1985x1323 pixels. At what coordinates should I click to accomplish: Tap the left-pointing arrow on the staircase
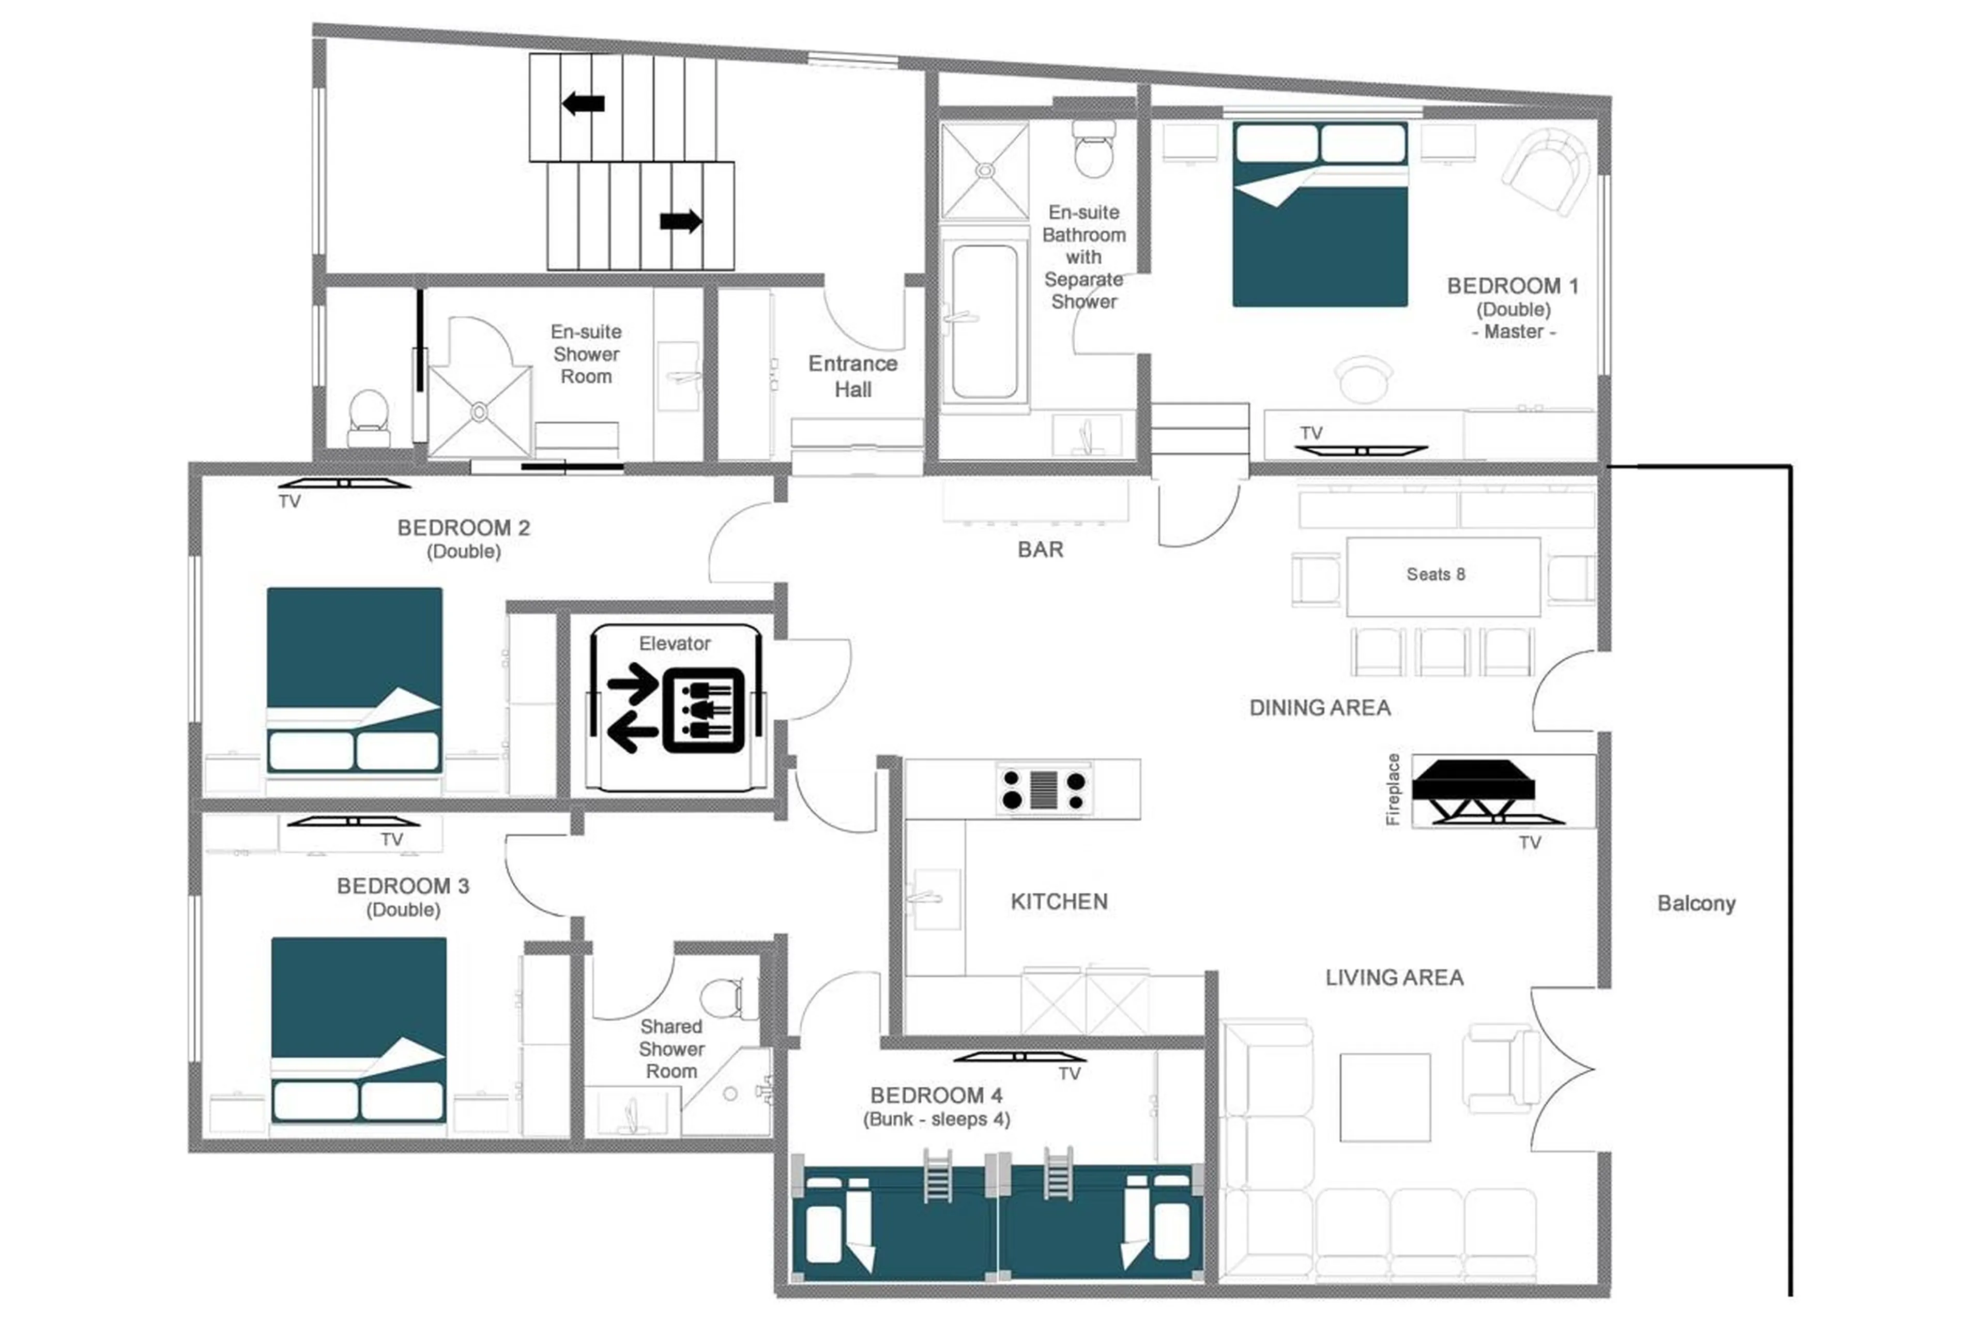pos(583,104)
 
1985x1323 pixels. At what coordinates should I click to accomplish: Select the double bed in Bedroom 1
pos(1319,215)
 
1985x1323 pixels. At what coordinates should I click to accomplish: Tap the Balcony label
pos(1695,904)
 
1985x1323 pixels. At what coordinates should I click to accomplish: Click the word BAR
pos(1040,550)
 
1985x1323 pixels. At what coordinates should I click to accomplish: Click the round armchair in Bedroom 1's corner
pos(1546,171)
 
